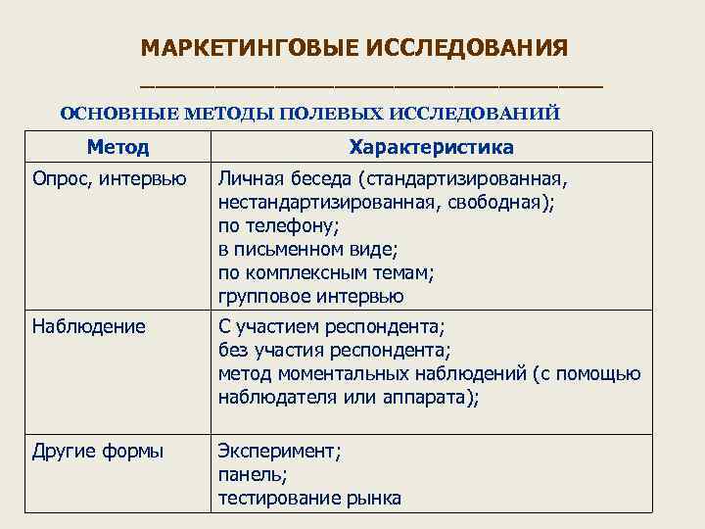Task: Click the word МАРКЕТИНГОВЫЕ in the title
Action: (248, 48)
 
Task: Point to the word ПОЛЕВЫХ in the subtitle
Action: (332, 113)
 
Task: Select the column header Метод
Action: (117, 148)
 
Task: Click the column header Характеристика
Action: (432, 148)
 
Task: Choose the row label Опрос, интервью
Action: (109, 179)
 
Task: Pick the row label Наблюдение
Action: (88, 326)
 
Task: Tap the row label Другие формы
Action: (98, 452)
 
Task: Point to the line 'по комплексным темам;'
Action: (325, 272)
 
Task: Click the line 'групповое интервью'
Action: (310, 296)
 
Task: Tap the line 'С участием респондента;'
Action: (331, 326)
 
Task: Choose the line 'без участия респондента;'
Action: (334, 350)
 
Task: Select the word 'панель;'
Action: (253, 475)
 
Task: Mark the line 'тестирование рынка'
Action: (309, 499)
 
